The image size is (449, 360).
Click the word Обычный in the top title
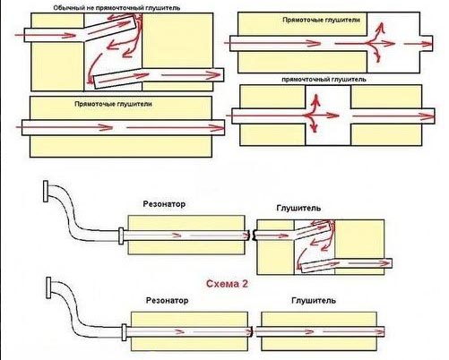tap(65, 8)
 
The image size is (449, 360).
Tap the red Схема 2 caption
tap(227, 284)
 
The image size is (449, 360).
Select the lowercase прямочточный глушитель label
tap(324, 80)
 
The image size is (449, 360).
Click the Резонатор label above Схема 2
tap(164, 204)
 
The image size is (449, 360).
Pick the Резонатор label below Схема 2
tap(167, 300)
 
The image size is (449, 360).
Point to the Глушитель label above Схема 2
tap(298, 208)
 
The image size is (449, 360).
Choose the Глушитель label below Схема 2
tap(314, 300)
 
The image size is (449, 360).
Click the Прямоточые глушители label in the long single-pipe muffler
tap(113, 104)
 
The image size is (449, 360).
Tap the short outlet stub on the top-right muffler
tap(427, 44)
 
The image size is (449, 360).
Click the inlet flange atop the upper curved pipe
tap(46, 192)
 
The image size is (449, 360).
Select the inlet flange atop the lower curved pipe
tap(48, 287)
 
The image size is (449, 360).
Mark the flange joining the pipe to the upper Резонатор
tap(121, 236)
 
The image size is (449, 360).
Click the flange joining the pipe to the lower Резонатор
tap(124, 332)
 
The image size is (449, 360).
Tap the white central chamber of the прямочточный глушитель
tap(328, 116)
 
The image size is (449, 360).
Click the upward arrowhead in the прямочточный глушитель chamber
tap(315, 99)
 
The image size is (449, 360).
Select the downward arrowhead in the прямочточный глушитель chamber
tap(314, 129)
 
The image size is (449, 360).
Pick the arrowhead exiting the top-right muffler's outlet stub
tap(427, 44)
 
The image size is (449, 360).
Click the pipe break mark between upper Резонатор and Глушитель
tap(252, 236)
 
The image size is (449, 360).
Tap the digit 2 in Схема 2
tap(245, 284)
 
